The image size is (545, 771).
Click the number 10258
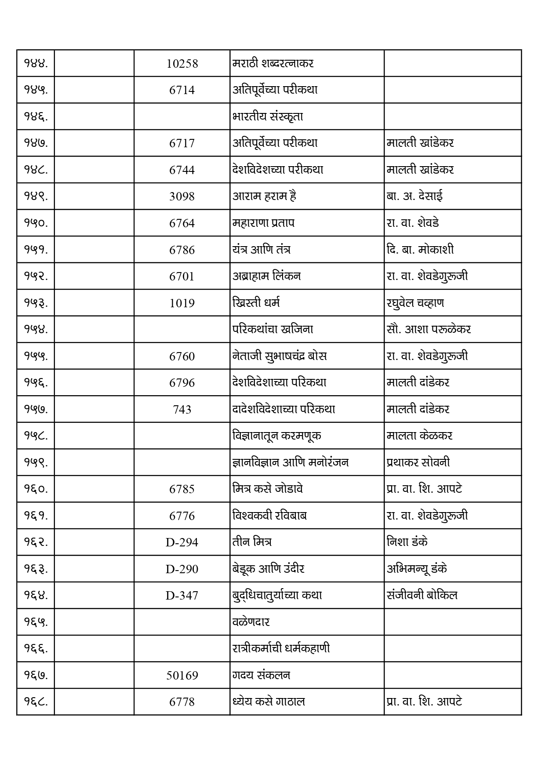point(182,64)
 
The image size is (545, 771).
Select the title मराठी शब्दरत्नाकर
point(272,63)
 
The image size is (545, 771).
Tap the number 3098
point(182,196)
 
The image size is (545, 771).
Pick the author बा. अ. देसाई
point(414,196)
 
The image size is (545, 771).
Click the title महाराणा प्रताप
point(263,223)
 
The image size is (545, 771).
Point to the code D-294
point(182,542)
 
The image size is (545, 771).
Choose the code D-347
point(182,596)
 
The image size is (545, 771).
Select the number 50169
point(182,675)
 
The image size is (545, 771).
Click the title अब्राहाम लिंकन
point(266,276)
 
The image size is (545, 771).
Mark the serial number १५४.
point(36,329)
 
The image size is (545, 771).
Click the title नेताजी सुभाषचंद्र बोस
point(279,356)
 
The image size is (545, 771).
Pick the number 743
point(182,410)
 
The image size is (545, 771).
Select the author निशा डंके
point(407,542)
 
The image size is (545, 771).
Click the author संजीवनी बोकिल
point(422,595)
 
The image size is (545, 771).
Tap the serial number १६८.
point(36,702)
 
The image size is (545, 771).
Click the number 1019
point(182,303)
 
